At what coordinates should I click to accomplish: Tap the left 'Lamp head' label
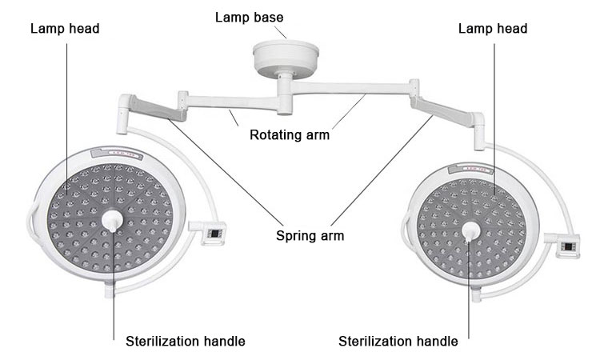[x=65, y=28]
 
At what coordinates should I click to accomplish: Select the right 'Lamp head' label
[x=492, y=28]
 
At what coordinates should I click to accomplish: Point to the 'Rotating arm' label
[x=290, y=134]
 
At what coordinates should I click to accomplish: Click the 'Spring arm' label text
[x=310, y=235]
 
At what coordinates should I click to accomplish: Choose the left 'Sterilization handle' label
[x=185, y=342]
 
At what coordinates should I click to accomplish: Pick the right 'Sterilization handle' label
[x=398, y=342]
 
